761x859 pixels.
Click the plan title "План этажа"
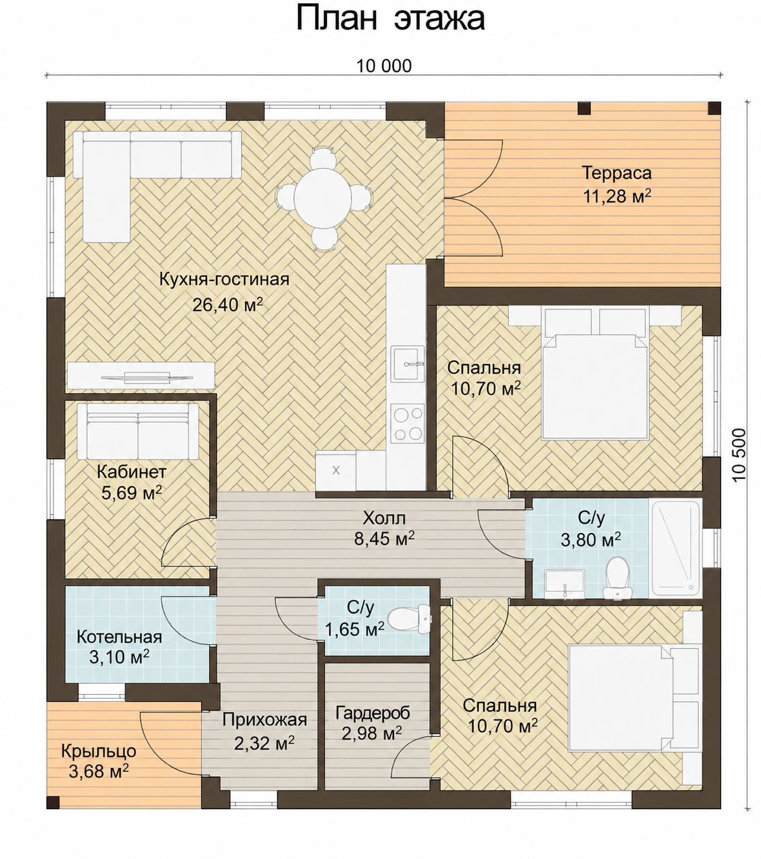pos(390,19)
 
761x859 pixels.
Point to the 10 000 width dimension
pos(384,66)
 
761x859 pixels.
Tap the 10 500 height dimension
pos(739,454)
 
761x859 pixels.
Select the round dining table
pos(324,198)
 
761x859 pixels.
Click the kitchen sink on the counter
pos(408,363)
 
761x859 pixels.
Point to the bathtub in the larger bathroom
pos(675,548)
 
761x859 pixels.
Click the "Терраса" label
pos(617,173)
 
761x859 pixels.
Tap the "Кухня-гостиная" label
pos(224,280)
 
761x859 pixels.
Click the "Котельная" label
pos(119,637)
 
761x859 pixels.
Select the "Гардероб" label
pos(373,713)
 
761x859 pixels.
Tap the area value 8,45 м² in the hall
pos(384,539)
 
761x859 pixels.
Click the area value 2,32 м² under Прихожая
pos(264,743)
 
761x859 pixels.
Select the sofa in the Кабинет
pos(138,430)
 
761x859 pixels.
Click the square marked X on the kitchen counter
pos(336,470)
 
